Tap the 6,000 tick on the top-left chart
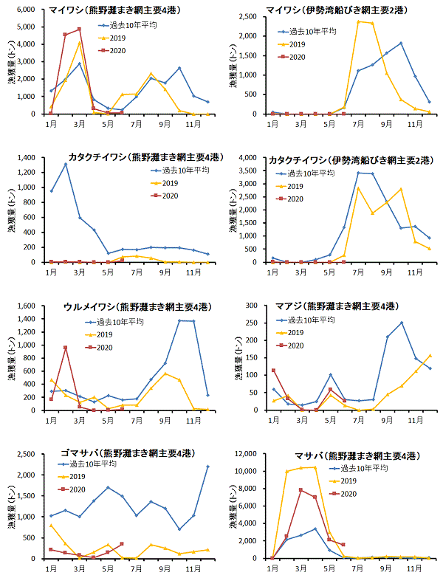tap(30, 10)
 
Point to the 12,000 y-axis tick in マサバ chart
tap(250, 453)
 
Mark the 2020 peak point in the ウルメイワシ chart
tap(66, 348)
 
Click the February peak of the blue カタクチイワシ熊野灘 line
tap(66, 165)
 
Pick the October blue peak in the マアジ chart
tap(402, 323)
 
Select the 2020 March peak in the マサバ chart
tap(301, 489)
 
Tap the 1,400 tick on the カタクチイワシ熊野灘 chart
tap(30, 158)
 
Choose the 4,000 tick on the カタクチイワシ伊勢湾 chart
tap(253, 158)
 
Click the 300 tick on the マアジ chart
tap(256, 306)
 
